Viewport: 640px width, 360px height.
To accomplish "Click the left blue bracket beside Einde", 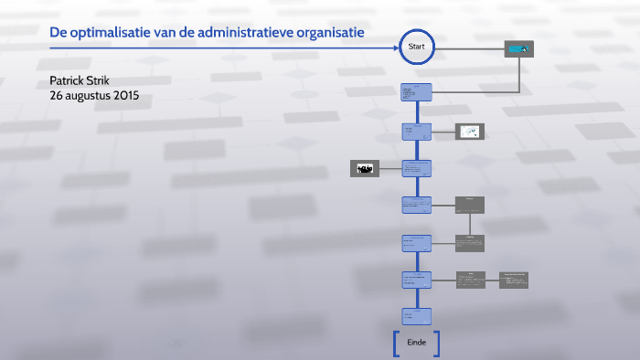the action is coord(395,343).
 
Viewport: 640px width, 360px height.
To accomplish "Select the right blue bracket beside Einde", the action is coord(438,343).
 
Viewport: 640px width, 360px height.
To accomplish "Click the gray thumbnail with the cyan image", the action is coord(519,49).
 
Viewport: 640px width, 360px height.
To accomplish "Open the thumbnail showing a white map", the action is coord(470,132).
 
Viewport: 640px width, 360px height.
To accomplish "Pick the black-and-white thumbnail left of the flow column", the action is coord(364,168).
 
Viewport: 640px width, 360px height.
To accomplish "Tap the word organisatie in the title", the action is coord(336,32).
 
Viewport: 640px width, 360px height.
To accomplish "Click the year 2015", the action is coord(124,95).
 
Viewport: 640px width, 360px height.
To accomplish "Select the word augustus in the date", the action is coord(86,95).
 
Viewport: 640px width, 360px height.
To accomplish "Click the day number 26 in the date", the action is coord(57,95).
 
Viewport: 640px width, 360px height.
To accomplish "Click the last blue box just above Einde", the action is coord(417,315).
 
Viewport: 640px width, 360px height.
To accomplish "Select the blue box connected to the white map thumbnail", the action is coord(417,132).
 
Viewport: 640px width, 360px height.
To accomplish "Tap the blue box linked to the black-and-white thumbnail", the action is coord(417,168).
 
